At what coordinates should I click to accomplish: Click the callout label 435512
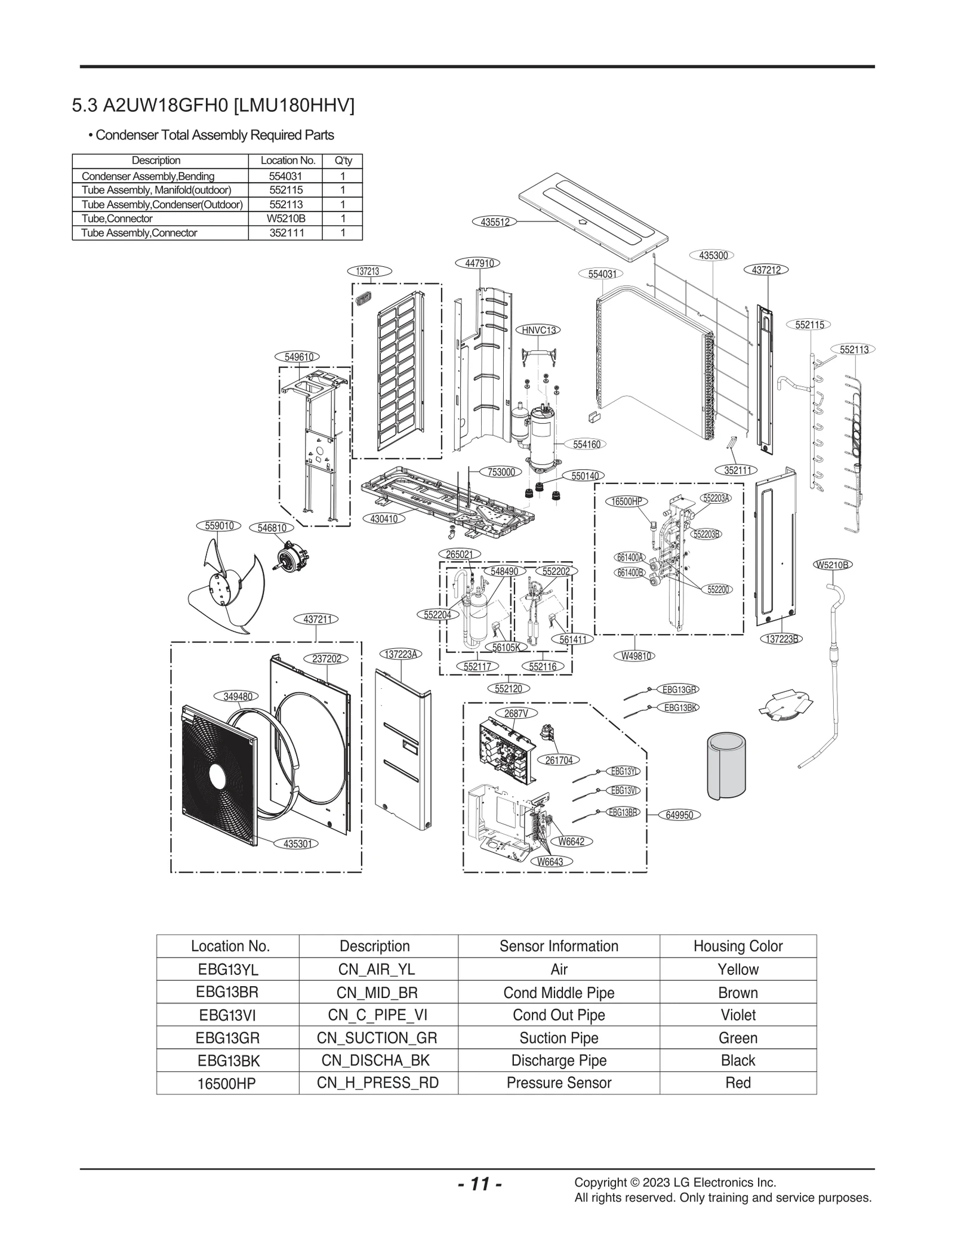click(x=495, y=222)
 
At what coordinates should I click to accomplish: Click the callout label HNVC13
click(x=538, y=330)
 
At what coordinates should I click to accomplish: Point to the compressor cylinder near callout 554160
click(x=543, y=441)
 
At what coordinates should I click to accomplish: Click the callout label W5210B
click(x=832, y=565)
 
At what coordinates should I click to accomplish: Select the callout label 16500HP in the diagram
click(x=627, y=501)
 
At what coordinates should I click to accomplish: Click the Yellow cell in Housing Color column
click(x=738, y=969)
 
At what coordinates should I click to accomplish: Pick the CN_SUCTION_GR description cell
click(x=377, y=1038)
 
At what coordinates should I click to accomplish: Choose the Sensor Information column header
click(x=559, y=946)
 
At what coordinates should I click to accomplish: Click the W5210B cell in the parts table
click(x=285, y=218)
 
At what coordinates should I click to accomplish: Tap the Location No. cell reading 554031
click(x=285, y=176)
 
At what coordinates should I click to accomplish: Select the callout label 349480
click(x=238, y=696)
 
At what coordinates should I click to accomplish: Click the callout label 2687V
click(x=516, y=713)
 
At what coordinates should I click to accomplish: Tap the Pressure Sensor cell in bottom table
click(x=559, y=1083)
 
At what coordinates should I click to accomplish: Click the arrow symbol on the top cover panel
click(x=584, y=221)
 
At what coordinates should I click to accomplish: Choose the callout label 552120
click(x=508, y=689)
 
